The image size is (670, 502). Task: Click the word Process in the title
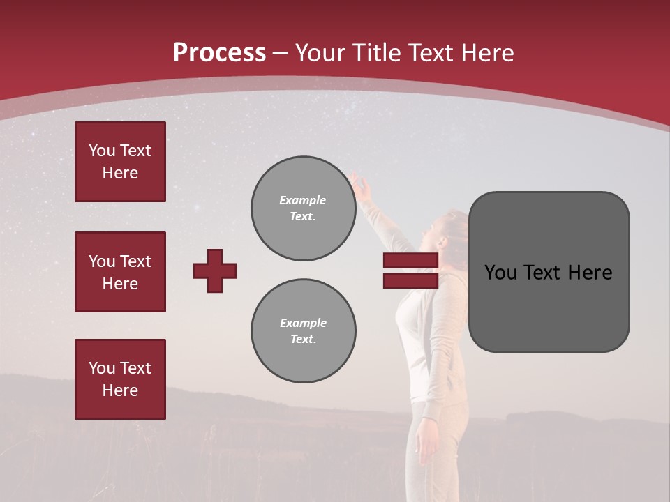(x=219, y=52)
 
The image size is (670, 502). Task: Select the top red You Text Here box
(x=120, y=162)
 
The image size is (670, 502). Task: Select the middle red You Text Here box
(x=120, y=272)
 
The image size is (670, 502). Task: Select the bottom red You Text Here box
(x=120, y=379)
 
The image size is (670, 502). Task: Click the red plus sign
(x=215, y=271)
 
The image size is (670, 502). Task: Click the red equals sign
(x=410, y=271)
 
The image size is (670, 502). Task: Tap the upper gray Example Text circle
(x=303, y=208)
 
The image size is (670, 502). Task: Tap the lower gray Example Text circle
(x=303, y=331)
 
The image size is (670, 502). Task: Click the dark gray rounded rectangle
(x=549, y=271)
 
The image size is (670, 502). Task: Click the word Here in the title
(x=489, y=53)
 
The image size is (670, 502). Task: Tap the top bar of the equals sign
(x=410, y=261)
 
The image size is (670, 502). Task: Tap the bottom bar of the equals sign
(x=410, y=280)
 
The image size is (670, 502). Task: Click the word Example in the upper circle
(x=303, y=200)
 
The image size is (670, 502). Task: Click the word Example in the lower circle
(x=303, y=323)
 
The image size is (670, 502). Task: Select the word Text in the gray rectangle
(x=546, y=273)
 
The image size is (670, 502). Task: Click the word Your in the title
(x=320, y=53)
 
